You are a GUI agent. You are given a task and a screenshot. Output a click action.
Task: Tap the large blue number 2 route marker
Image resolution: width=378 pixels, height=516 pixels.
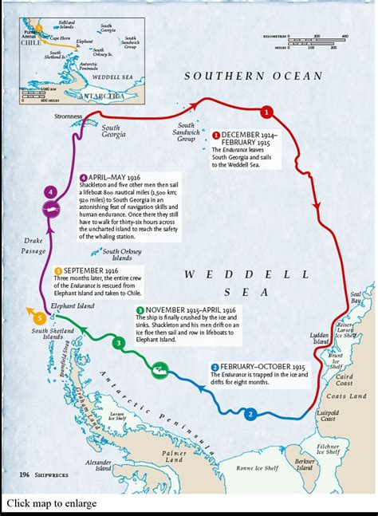(250, 414)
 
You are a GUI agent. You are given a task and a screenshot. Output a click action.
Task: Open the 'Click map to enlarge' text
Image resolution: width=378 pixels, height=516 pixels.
(53, 503)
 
